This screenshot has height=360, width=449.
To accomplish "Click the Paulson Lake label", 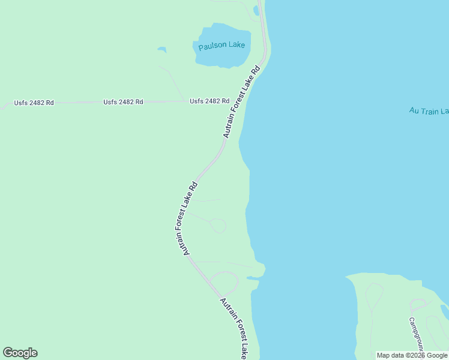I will click(221, 45).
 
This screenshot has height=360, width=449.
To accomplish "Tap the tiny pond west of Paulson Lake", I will click(161, 49).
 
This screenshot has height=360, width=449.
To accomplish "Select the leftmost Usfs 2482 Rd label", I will click(34, 103).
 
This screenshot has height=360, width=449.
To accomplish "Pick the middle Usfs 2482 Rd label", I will click(123, 102).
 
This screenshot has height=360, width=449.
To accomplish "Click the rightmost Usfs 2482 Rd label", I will click(209, 101).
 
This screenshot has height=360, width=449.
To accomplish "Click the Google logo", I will click(20, 353).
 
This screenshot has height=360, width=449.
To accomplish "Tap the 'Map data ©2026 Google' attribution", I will click(412, 355).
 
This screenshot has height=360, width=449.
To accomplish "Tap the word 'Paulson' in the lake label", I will click(212, 45).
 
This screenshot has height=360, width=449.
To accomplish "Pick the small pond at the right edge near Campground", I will click(445, 311).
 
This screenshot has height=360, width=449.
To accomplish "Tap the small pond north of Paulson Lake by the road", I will click(256, 10).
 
